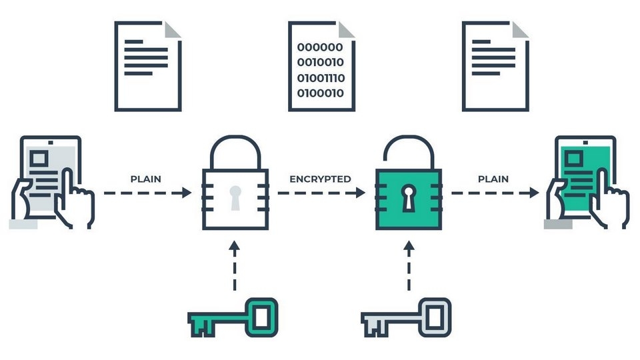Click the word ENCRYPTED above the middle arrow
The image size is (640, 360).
[320, 179]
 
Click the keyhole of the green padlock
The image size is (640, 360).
[408, 195]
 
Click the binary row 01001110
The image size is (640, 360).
[321, 78]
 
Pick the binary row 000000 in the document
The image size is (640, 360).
[320, 47]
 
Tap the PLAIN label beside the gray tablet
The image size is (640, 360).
[145, 179]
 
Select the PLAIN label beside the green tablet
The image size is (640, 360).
[493, 179]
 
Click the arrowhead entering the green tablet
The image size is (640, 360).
[534, 193]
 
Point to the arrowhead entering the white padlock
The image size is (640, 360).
[187, 193]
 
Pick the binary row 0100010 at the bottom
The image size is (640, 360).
[321, 93]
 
